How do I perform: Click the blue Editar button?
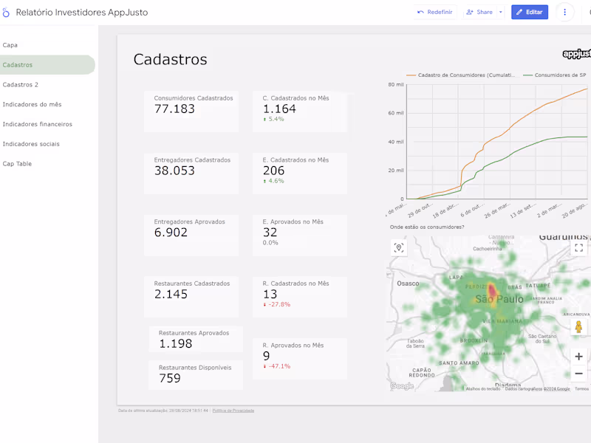pos(529,12)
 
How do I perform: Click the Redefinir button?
pos(435,12)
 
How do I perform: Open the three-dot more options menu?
pos(565,12)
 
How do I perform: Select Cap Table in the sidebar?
pos(18,164)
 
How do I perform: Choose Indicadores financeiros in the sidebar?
pos(38,124)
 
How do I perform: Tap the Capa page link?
pos(10,45)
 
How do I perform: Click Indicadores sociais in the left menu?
pos(31,144)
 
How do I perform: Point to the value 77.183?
pos(174,109)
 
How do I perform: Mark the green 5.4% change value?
pos(276,119)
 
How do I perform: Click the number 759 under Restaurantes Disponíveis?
pos(170,379)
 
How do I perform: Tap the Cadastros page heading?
pos(170,60)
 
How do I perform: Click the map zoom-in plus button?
pos(579,357)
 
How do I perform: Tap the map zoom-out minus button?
pos(579,374)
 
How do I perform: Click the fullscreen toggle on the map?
pos(579,248)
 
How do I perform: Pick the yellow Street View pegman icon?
pos(579,326)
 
